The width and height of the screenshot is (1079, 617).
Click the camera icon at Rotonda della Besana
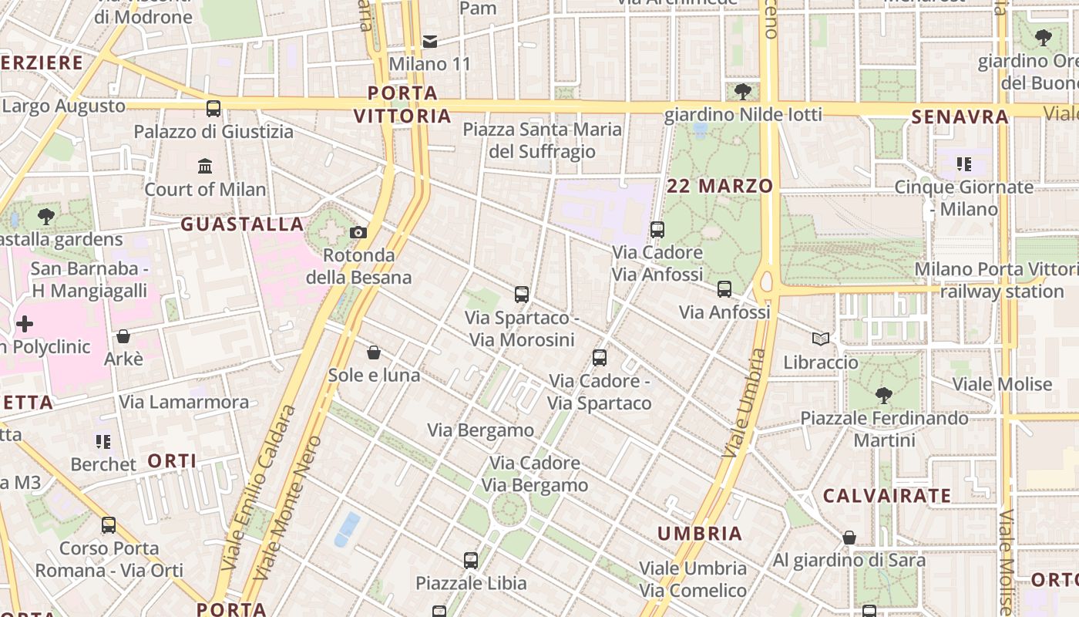point(358,232)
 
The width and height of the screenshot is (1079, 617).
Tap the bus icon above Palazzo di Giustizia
point(213,109)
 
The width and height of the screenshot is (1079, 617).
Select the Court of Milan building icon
point(205,166)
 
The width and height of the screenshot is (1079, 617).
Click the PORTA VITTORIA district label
point(402,105)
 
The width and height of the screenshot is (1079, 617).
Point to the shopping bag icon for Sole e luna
point(374,352)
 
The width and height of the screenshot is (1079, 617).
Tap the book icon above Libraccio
point(821,339)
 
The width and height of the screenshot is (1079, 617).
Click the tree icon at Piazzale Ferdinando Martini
point(883,396)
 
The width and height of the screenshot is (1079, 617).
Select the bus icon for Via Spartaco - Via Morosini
point(522,294)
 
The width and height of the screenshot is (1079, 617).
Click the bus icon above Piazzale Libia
point(471,561)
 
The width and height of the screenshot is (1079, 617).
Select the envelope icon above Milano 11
point(430,41)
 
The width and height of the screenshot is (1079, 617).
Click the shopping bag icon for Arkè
point(123,336)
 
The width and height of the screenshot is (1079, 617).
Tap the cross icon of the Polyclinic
point(25,324)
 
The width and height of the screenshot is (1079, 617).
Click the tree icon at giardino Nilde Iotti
point(743,92)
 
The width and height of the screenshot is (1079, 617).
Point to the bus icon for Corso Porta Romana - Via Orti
point(109,525)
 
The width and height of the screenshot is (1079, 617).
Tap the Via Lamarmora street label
point(184,402)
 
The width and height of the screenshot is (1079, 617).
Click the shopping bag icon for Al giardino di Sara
point(849,538)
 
